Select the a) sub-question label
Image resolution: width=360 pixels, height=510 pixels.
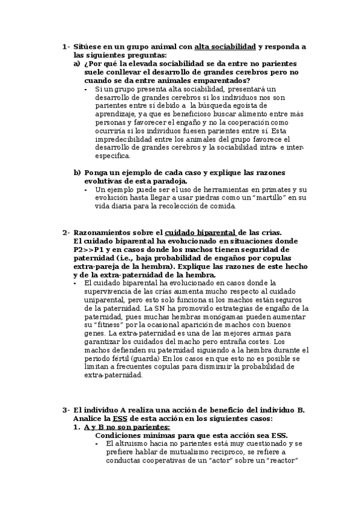77,63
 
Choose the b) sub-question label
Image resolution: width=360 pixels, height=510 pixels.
77,172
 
